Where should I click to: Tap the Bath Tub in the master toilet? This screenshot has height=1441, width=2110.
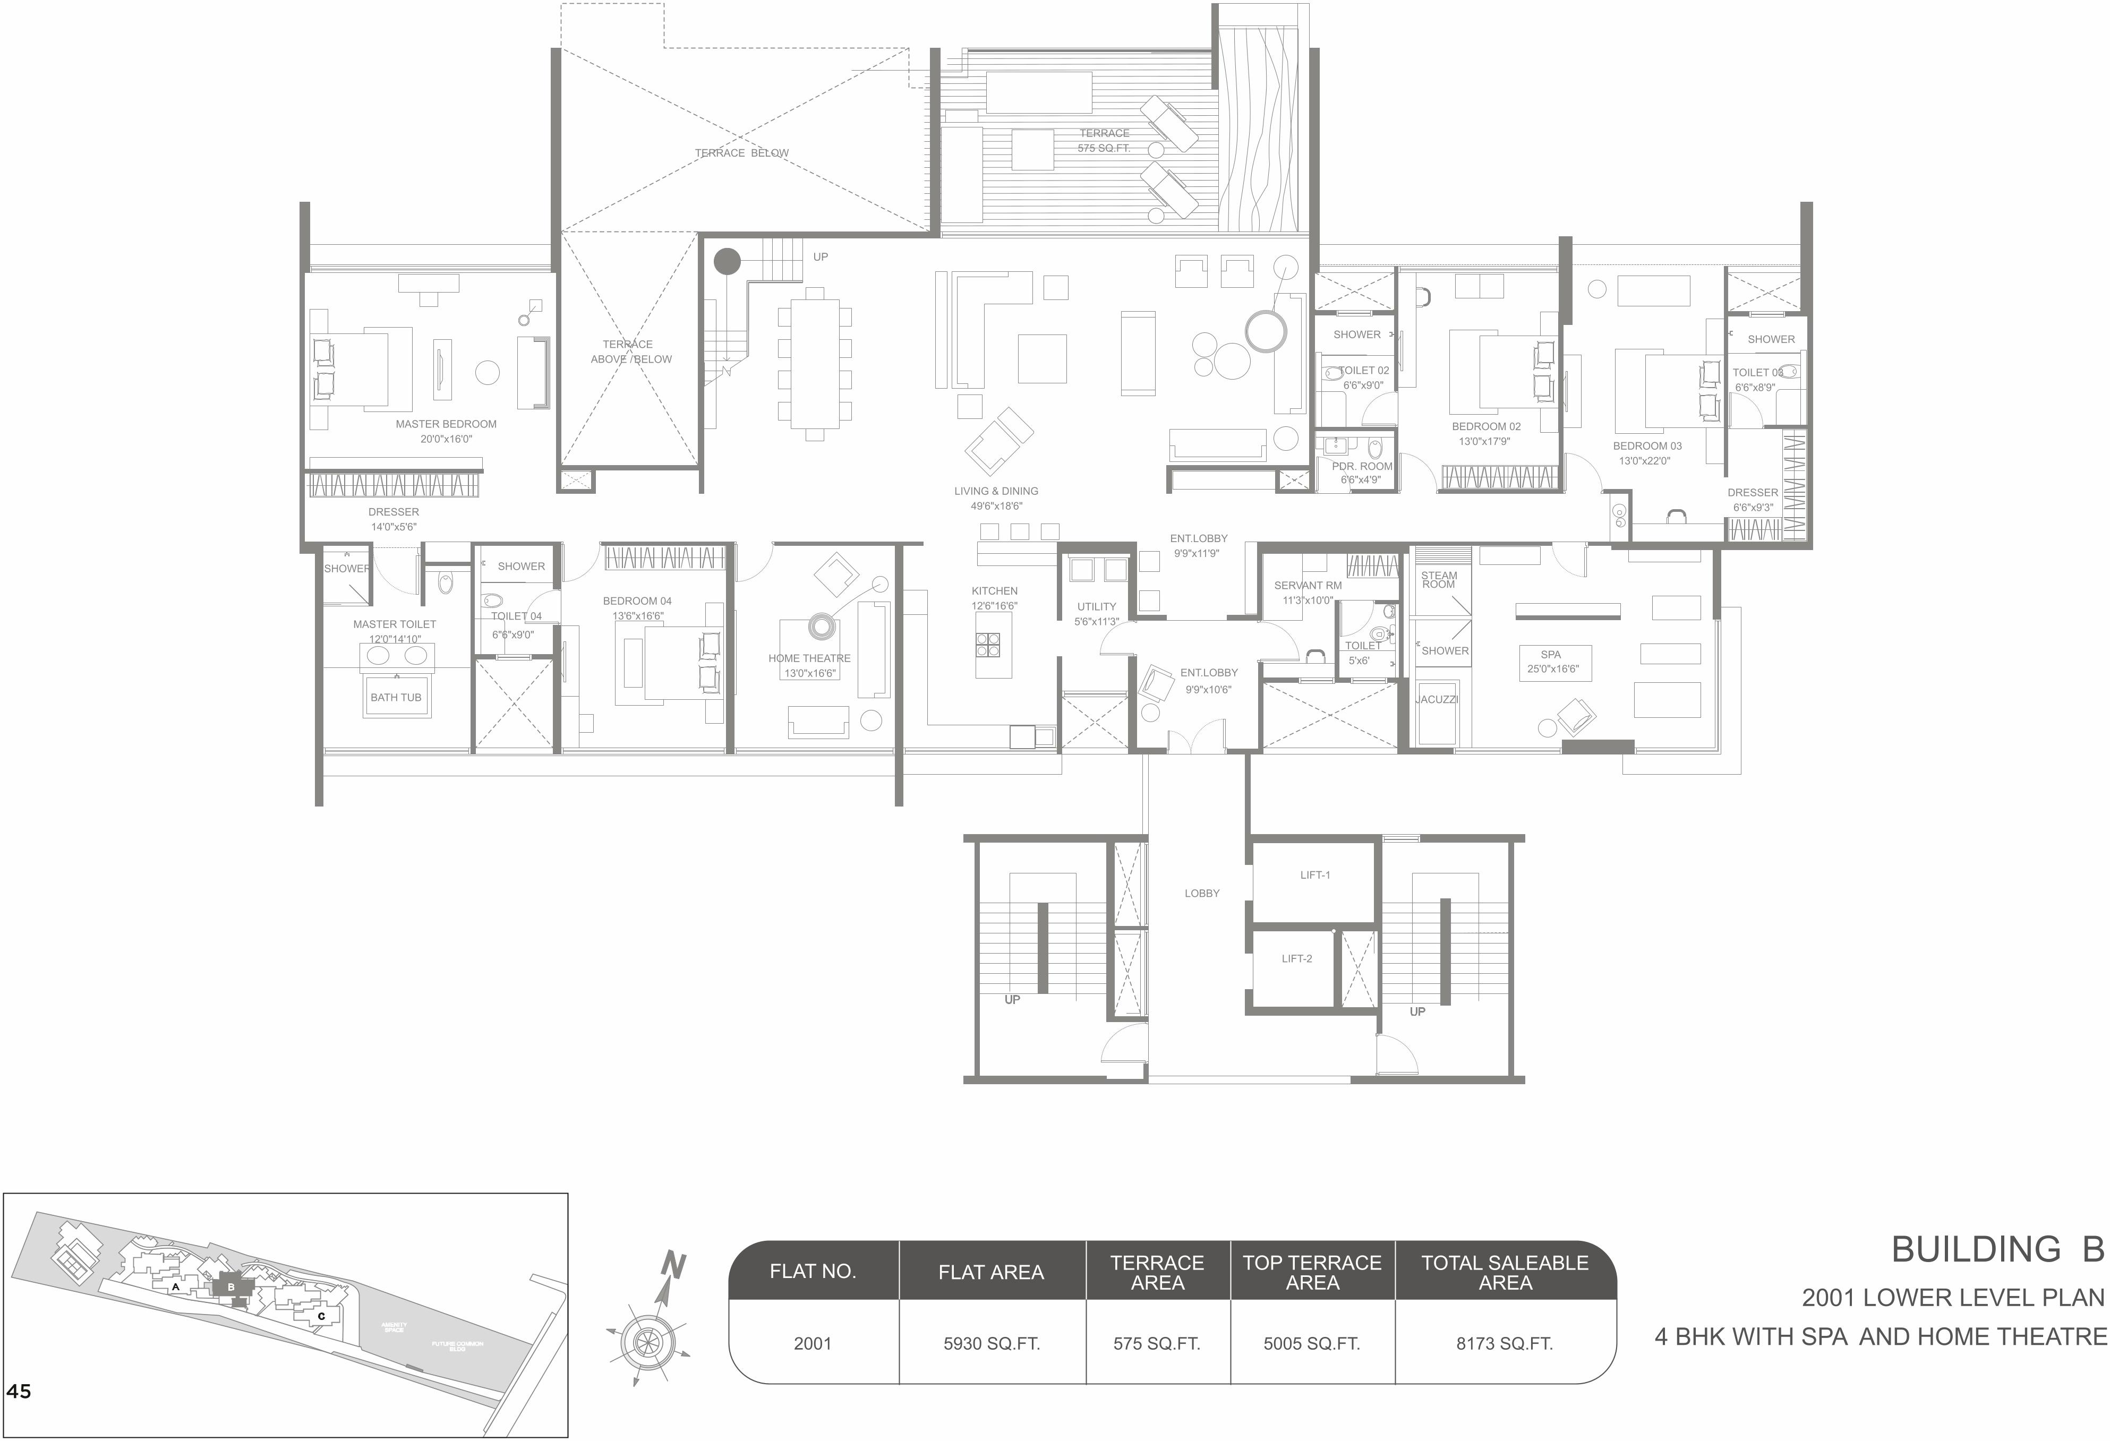click(x=396, y=697)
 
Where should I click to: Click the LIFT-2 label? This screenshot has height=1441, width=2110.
click(x=1296, y=959)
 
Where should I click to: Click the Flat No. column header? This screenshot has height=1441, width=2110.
click(x=813, y=1271)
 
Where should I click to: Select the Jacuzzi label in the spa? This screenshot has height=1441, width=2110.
click(x=1437, y=700)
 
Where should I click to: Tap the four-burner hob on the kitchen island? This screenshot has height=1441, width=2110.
click(x=988, y=644)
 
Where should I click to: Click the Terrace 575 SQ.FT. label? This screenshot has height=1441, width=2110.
click(x=1104, y=141)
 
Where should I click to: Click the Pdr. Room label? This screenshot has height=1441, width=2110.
click(x=1362, y=466)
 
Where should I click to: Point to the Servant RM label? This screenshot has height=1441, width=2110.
click(x=1308, y=585)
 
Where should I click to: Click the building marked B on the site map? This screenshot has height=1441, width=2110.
click(x=230, y=1286)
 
